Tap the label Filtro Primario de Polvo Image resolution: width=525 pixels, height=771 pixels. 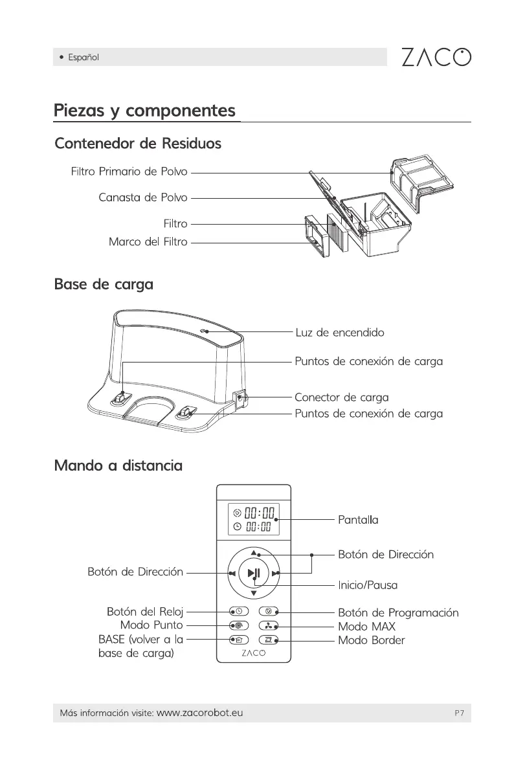click(129, 172)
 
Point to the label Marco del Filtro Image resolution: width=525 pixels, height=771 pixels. click(148, 242)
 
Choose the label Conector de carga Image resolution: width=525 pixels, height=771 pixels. click(341, 397)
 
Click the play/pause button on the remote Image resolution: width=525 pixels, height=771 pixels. click(254, 572)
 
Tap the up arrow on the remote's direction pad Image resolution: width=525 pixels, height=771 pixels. click(254, 553)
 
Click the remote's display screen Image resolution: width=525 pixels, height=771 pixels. click(254, 519)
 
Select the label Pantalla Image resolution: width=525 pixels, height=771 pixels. click(358, 520)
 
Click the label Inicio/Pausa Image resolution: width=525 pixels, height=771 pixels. click(367, 585)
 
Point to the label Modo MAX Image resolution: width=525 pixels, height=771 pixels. click(366, 627)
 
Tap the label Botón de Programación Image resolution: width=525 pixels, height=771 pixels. click(397, 612)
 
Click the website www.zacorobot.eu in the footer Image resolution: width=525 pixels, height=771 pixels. click(200, 713)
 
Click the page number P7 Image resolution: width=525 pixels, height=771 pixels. click(459, 713)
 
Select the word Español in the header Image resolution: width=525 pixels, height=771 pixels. click(84, 58)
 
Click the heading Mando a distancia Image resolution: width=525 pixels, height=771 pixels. click(118, 465)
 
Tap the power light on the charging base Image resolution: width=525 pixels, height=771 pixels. click(203, 330)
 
